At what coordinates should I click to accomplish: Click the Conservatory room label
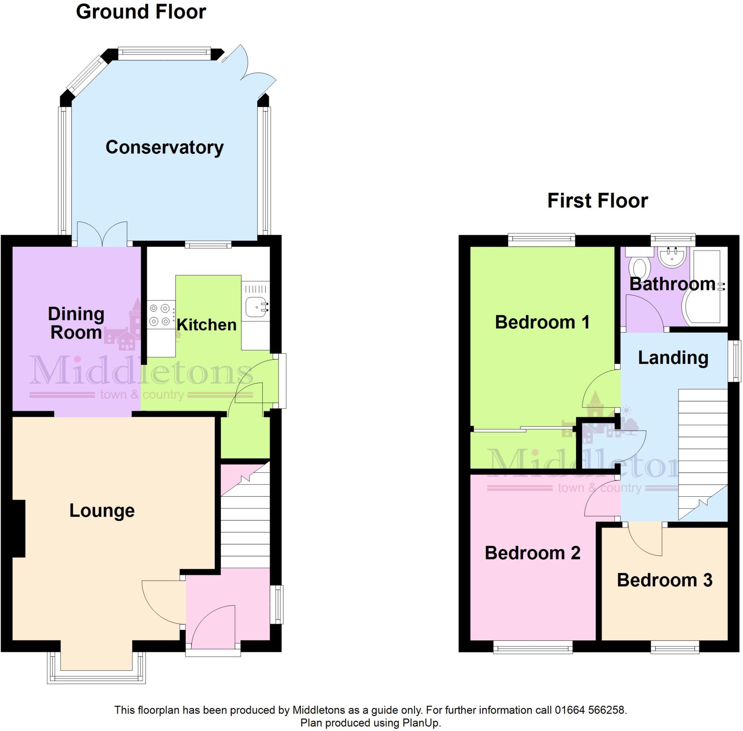[164, 147]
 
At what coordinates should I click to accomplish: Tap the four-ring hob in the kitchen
[160, 315]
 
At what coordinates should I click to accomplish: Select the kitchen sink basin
[255, 307]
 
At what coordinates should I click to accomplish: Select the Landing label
[673, 357]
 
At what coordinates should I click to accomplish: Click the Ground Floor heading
[141, 12]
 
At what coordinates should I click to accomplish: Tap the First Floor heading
[598, 200]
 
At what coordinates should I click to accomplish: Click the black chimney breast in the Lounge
[19, 528]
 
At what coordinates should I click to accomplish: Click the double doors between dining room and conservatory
[102, 234]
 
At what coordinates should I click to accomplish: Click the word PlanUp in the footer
[420, 723]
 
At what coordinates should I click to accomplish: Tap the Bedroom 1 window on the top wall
[541, 240]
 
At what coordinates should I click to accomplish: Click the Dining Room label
[76, 323]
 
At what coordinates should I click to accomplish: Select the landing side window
[734, 361]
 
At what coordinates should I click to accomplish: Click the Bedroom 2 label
[532, 553]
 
